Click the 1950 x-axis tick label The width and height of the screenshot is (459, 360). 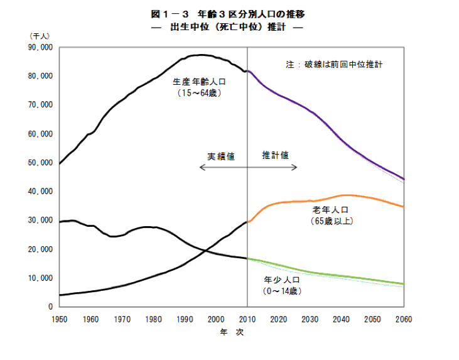point(59,319)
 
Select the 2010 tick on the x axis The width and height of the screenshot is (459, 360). point(247,319)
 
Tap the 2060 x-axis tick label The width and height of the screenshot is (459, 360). point(404,319)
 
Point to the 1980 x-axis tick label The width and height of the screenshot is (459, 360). point(153,319)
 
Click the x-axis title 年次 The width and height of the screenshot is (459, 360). point(230,333)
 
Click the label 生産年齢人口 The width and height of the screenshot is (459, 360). point(199,81)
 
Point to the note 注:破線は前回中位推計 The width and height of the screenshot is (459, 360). point(335,65)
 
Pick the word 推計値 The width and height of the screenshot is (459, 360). point(275,155)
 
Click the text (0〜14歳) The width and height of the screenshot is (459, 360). point(283,292)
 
